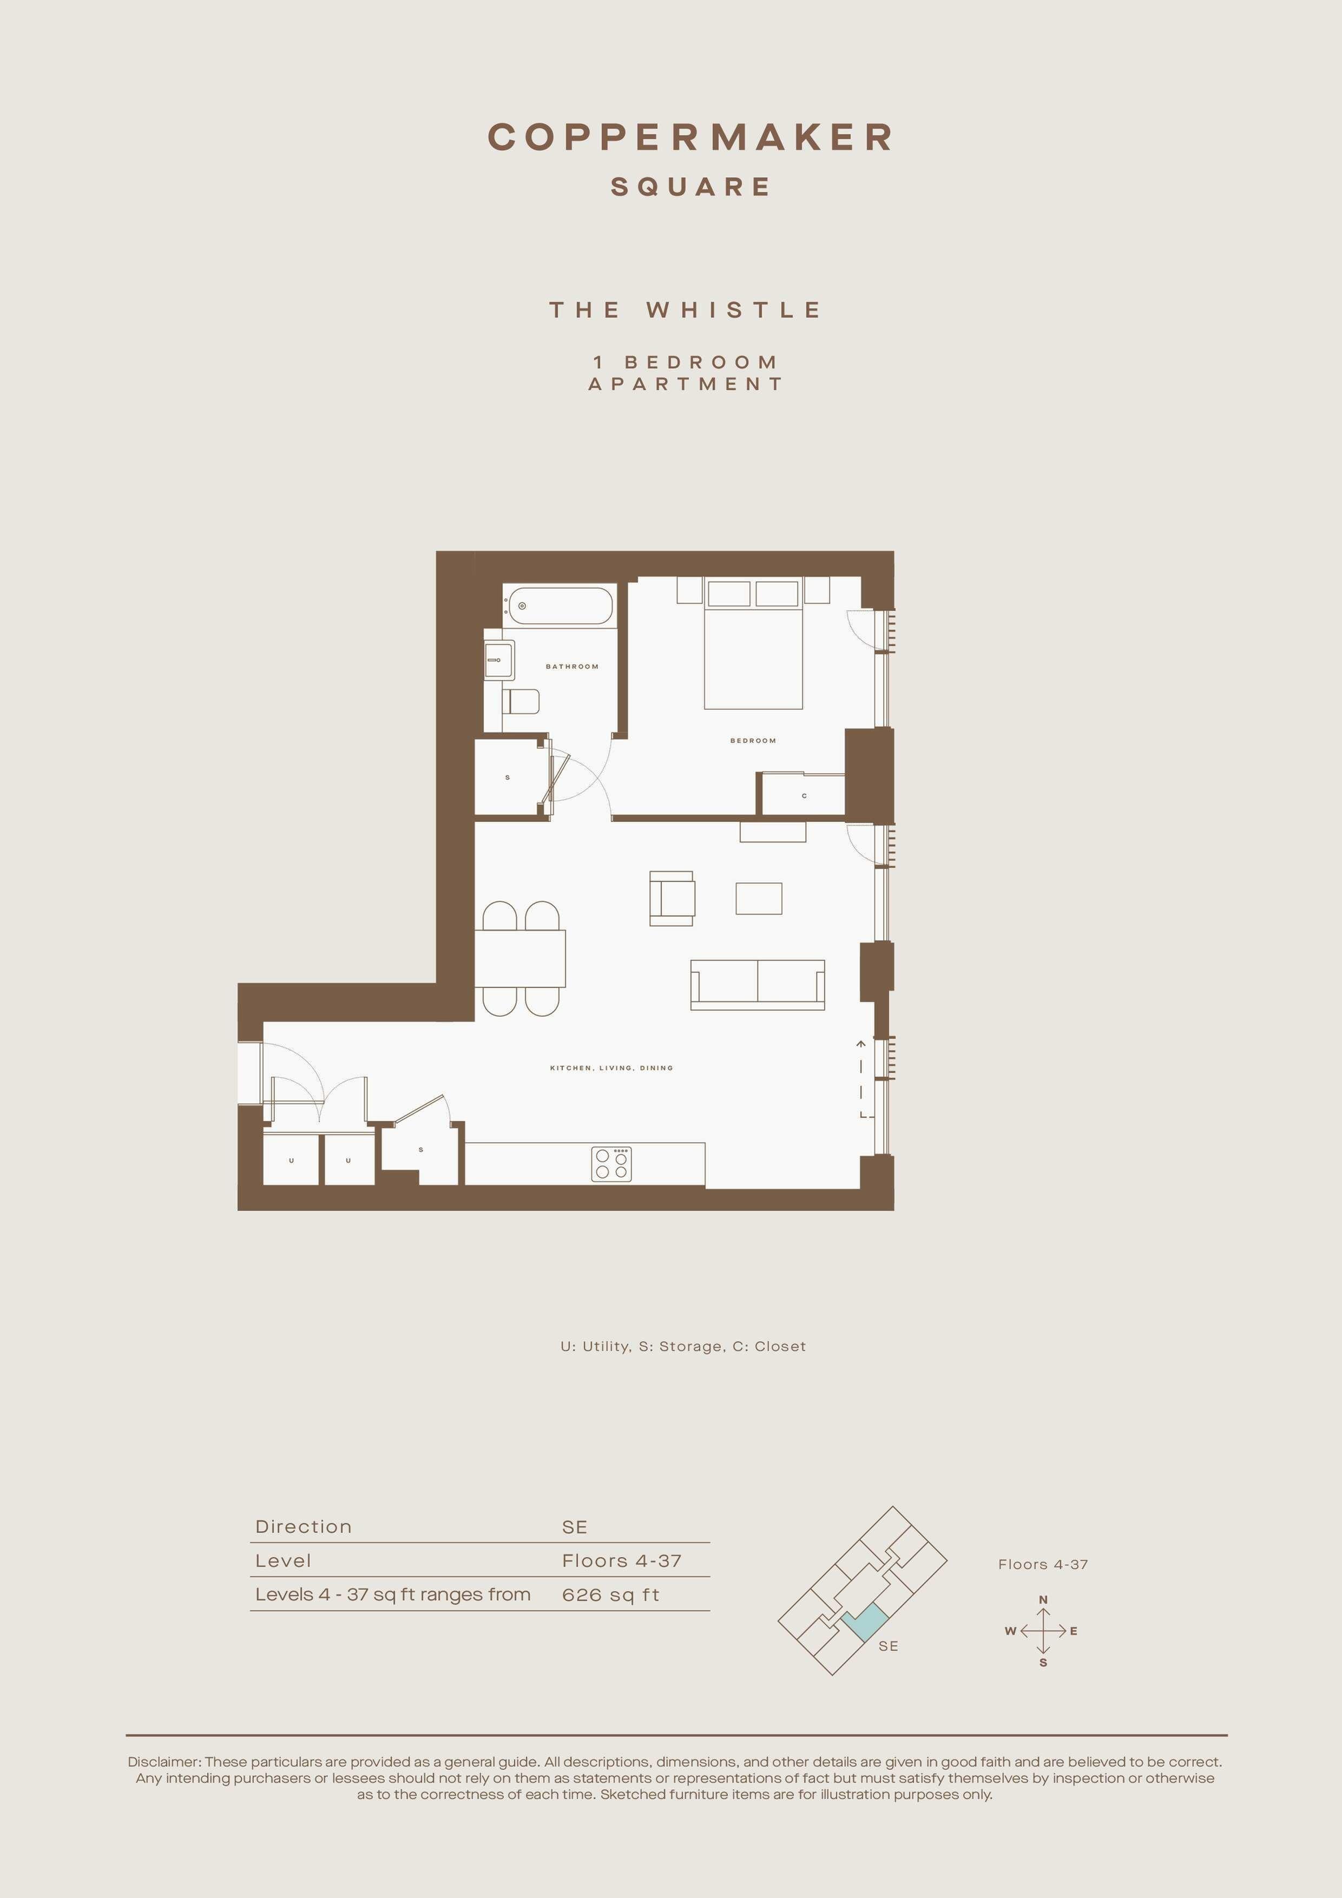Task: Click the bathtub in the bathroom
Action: point(560,607)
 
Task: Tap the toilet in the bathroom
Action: point(521,701)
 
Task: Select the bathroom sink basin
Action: point(498,660)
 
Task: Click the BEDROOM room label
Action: point(753,741)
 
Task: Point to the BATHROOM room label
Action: point(572,666)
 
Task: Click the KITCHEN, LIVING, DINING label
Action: point(612,1068)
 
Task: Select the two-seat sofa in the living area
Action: point(758,985)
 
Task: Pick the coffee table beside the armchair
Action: point(759,899)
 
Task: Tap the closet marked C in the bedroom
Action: point(803,794)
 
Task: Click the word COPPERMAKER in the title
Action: point(691,137)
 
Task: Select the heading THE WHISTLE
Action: point(686,310)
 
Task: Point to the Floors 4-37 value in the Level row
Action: point(622,1561)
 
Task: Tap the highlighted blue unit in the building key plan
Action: point(865,1622)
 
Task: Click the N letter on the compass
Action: point(1043,1599)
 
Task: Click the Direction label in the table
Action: point(304,1527)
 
